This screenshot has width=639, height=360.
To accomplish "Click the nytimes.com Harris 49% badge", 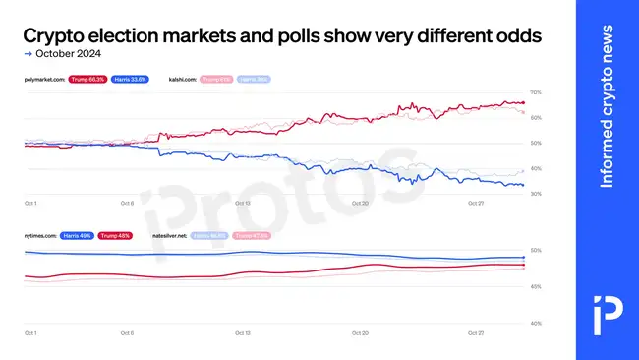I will pyautogui.click(x=78, y=236).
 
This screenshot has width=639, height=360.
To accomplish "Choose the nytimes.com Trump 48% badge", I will pyautogui.click(x=115, y=236).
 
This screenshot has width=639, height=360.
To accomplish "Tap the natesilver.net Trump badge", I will pyautogui.click(x=250, y=236).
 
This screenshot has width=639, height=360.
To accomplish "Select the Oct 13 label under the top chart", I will pyautogui.click(x=242, y=204).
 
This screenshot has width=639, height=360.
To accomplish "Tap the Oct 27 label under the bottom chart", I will pyautogui.click(x=475, y=333).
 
